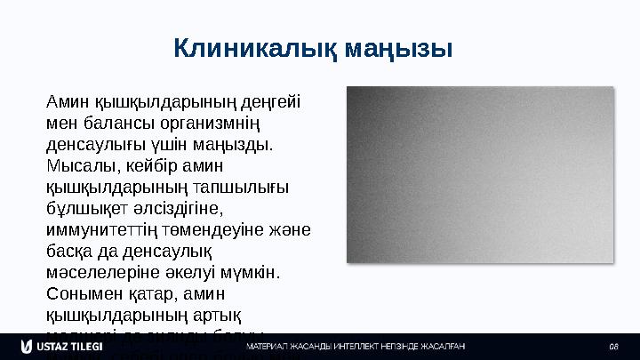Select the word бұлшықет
[x=89, y=207]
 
